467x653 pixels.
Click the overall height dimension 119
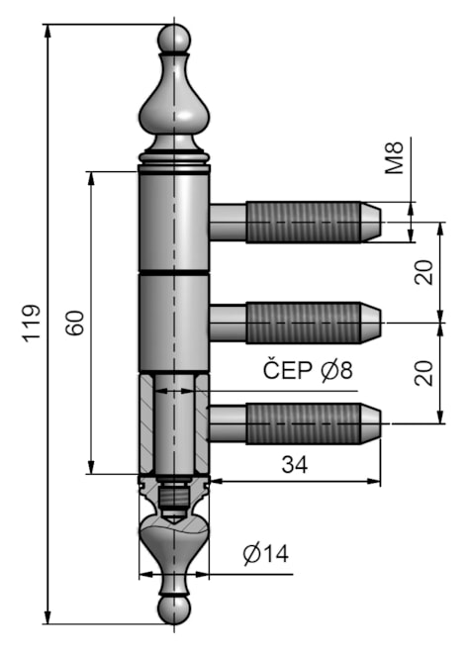click(x=29, y=323)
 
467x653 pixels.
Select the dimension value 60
click(x=74, y=323)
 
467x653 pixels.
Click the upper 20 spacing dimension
click(x=424, y=271)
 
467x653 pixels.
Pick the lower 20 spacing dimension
click(x=424, y=372)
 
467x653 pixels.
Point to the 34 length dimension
click(x=294, y=463)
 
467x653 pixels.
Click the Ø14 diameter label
click(x=264, y=554)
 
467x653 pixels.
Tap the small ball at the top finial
click(x=173, y=38)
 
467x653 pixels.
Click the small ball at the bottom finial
click(x=173, y=609)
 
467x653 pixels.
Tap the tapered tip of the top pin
click(x=370, y=222)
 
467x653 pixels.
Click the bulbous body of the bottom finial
click(x=173, y=544)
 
